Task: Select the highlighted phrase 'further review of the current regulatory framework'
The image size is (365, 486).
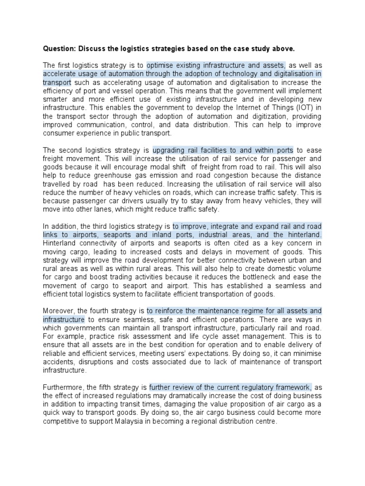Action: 231,387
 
